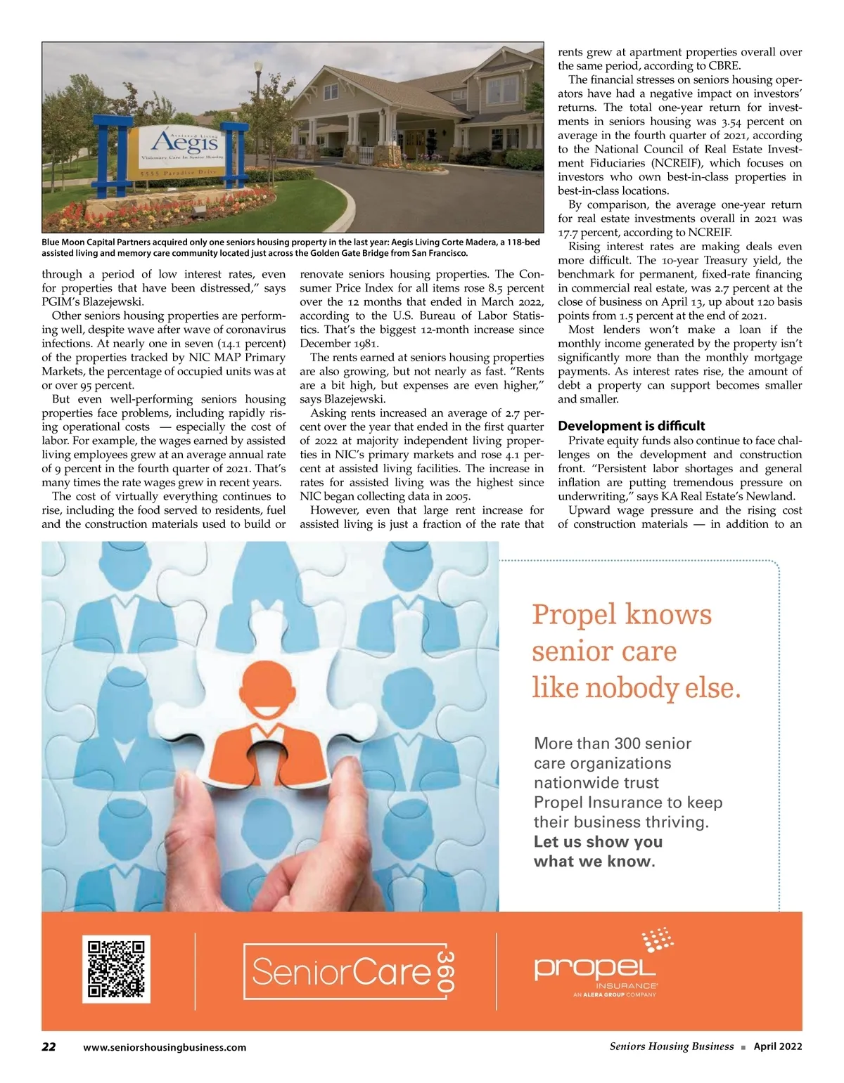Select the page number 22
click(x=49, y=1046)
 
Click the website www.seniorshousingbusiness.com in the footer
click(x=165, y=1047)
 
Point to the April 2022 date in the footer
click(x=777, y=1046)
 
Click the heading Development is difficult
click(x=631, y=426)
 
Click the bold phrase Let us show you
click(x=598, y=841)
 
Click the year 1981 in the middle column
click(x=365, y=344)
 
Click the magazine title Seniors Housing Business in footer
click(x=671, y=1046)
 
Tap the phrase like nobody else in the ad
click(x=636, y=687)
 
